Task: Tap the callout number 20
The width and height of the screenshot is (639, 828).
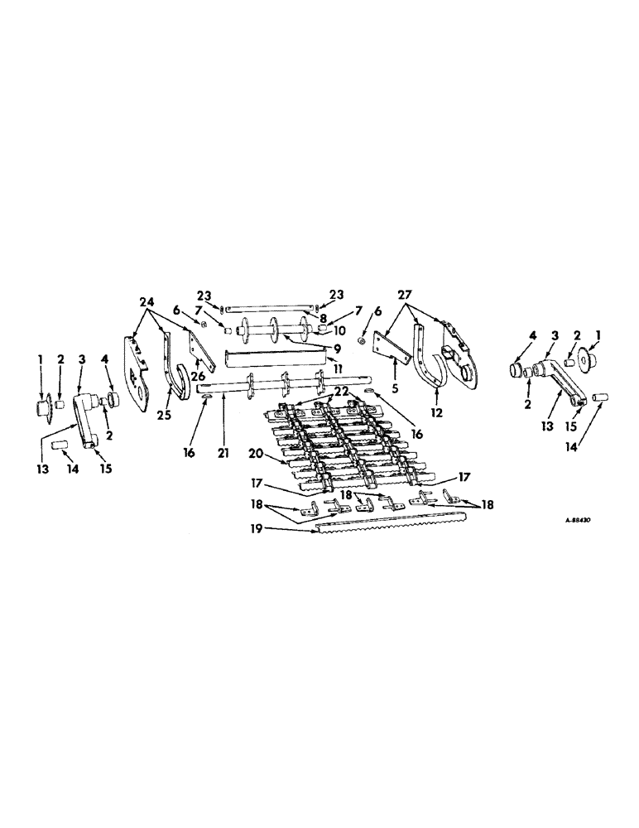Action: click(257, 454)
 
